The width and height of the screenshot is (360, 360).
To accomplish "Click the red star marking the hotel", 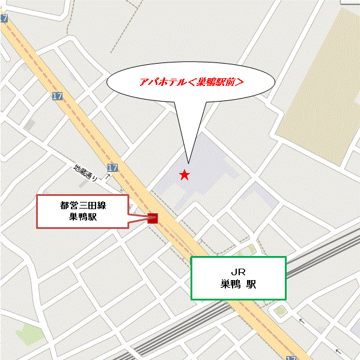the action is coord(185,175).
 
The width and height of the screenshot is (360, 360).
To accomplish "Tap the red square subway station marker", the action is coord(153,218).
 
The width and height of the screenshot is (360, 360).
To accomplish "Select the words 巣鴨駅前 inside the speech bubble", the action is coord(216,84).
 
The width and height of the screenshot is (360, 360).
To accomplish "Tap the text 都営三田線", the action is coord(83,205).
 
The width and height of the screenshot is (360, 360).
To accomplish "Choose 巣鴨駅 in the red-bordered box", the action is coord(83,218).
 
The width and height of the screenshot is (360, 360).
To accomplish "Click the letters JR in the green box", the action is coord(238,272).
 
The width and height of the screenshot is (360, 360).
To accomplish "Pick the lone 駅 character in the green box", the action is coord(251,285).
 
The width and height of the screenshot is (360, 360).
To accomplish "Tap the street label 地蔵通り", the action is coord(85,173).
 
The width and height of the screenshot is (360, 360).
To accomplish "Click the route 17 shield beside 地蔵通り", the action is coord(112,168).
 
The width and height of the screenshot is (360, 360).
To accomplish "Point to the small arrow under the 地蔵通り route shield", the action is coord(107,178).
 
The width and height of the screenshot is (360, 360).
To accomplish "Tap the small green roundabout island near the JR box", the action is coord(279,311).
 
